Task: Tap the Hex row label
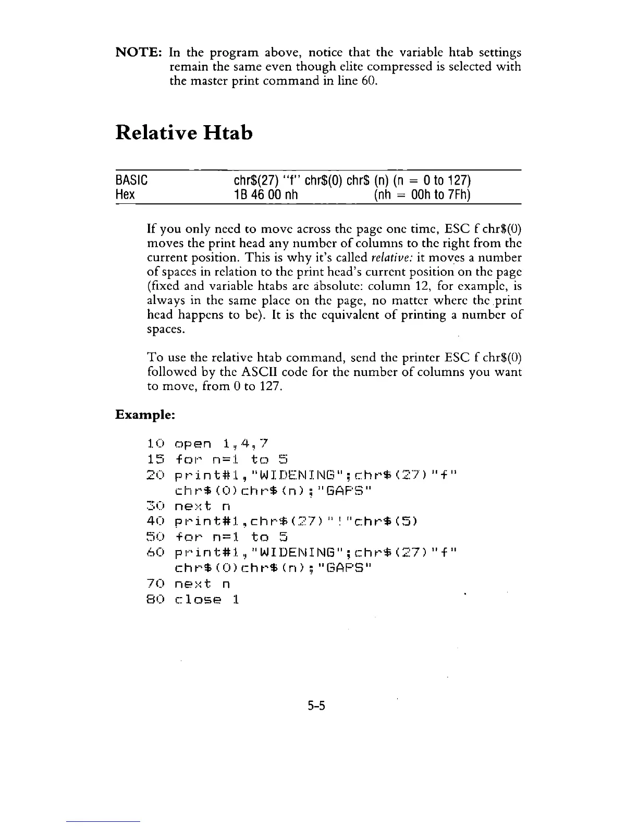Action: tap(125, 195)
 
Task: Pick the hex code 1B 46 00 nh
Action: tap(266, 195)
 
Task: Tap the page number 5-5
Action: tap(316, 706)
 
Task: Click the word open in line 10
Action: tap(193, 444)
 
